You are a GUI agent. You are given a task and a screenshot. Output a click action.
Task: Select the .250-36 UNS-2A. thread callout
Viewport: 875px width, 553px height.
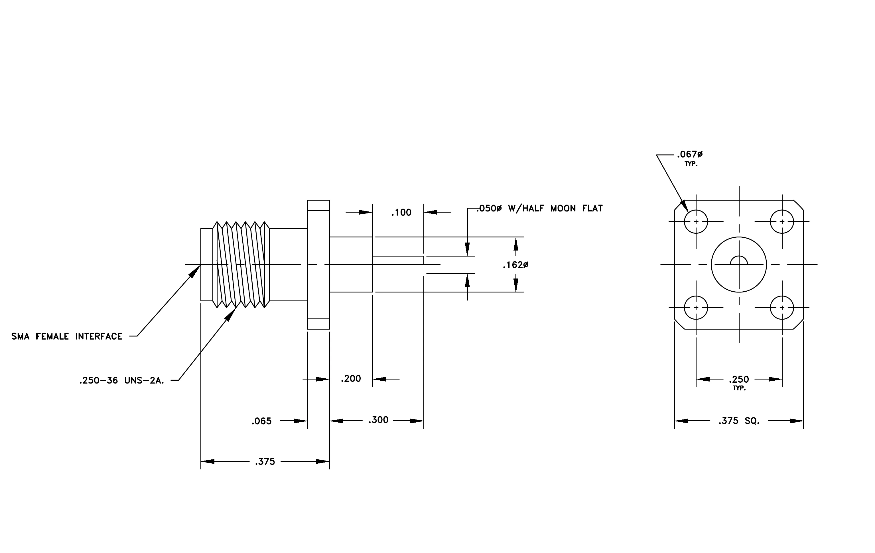coord(122,381)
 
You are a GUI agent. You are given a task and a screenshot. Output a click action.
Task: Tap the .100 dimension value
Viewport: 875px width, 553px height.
coord(401,213)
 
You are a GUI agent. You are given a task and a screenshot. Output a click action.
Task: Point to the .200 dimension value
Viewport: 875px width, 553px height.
coord(351,379)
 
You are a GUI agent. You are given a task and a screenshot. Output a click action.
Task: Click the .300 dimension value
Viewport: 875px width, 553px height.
coord(378,420)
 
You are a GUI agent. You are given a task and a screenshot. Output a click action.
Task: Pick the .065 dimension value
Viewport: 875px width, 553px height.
coord(261,421)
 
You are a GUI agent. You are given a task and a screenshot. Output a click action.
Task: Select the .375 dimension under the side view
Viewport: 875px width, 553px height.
coord(265,462)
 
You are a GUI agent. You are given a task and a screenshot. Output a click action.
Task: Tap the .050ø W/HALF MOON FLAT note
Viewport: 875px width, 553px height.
coord(540,208)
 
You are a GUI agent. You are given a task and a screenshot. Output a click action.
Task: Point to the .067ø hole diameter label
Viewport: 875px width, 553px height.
coord(690,155)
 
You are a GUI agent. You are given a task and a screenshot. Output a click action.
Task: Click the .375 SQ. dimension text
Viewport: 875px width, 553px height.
coord(739,421)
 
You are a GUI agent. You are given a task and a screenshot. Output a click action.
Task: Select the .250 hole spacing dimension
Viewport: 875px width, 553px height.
coord(739,380)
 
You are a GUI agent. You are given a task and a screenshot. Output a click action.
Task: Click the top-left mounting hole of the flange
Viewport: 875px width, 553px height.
coord(696,221)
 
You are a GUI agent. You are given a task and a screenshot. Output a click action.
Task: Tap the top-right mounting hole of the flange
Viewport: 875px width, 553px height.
coord(782,221)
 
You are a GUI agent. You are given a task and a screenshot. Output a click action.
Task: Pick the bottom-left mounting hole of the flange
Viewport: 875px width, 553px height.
coord(696,308)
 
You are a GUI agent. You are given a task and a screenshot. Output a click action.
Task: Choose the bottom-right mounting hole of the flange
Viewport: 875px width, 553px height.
coord(782,308)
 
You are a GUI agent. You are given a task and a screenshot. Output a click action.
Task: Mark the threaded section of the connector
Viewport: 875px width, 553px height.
coord(241,265)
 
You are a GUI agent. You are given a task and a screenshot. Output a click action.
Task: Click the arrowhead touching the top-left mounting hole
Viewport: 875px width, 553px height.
coord(684,206)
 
